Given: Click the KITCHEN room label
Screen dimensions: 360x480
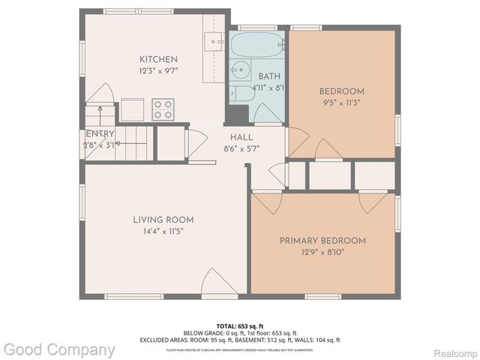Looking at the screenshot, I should [x=158, y=59].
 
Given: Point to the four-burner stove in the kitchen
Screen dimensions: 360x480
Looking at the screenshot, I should [x=163, y=109].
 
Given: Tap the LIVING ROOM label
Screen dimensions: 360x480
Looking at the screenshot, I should [x=163, y=220].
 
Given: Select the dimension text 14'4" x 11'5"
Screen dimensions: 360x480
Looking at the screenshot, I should [x=163, y=232].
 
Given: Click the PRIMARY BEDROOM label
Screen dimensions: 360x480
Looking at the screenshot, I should [x=322, y=241].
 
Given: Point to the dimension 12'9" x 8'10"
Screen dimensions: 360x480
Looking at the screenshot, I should [x=322, y=253].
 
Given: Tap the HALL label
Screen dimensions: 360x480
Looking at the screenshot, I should [x=241, y=138].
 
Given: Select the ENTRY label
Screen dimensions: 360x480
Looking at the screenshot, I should [x=99, y=133].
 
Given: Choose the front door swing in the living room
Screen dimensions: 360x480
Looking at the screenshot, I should [x=220, y=283].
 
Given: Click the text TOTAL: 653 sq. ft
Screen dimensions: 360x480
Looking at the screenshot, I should [x=239, y=325].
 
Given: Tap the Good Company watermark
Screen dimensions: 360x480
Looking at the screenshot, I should [x=58, y=349].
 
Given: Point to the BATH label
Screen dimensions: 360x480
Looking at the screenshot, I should [x=269, y=76].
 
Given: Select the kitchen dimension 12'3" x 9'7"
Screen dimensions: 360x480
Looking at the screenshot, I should [x=158, y=71].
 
